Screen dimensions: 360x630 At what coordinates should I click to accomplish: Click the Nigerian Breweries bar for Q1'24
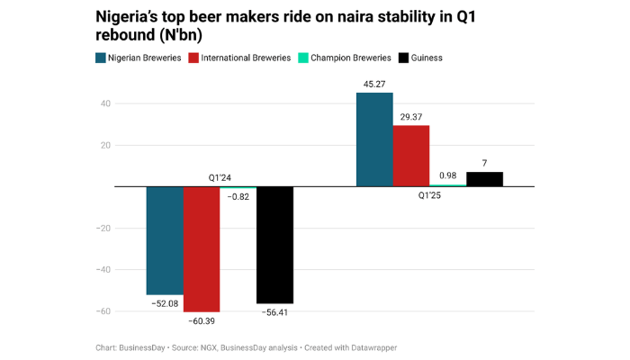tap(165, 240)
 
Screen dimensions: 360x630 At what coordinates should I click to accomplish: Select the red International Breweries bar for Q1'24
tap(202, 248)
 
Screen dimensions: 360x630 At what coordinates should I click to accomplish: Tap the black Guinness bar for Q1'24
tap(274, 245)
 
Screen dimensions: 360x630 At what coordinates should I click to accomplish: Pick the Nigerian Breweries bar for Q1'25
tap(374, 139)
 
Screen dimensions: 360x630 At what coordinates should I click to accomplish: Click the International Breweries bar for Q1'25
tap(411, 156)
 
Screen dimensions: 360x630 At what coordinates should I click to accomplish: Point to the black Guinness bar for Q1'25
tap(484, 179)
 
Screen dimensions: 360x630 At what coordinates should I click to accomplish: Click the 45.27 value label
tap(374, 85)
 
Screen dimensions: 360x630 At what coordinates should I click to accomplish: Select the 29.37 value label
tap(411, 117)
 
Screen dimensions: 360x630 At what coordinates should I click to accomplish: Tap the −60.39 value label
tap(202, 320)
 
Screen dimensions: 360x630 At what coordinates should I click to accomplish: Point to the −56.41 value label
tap(274, 312)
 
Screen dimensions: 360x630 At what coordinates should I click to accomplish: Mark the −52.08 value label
tap(165, 303)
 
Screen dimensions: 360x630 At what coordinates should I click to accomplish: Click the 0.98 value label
tap(447, 175)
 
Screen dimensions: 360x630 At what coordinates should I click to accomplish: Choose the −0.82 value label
tap(238, 196)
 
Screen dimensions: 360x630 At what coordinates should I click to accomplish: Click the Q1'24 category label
tap(220, 177)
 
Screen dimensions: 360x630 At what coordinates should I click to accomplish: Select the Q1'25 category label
tap(429, 195)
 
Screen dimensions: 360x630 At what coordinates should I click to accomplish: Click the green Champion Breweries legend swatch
tap(305, 58)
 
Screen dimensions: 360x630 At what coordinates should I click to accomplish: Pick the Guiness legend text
tap(427, 58)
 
